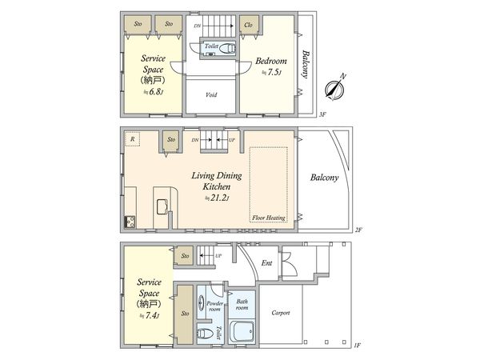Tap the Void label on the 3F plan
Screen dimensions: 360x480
(211, 95)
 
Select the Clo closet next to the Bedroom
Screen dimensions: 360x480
(249, 25)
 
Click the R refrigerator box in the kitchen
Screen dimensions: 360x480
(131, 138)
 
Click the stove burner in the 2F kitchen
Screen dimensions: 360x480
(128, 222)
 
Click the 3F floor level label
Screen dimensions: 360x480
(323, 114)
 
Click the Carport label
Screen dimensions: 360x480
(280, 313)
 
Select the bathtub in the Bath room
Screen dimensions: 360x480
(241, 330)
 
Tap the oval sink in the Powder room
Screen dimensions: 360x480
(202, 305)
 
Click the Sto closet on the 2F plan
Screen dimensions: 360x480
(170, 141)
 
